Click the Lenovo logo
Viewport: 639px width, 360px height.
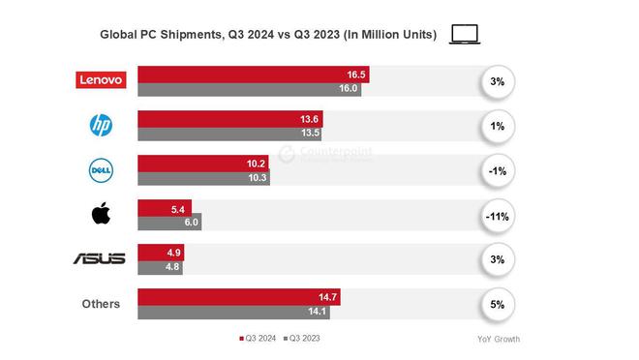coord(101,80)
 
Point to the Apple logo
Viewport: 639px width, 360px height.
coord(101,213)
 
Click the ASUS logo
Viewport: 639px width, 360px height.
coord(100,258)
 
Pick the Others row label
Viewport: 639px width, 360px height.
coord(101,304)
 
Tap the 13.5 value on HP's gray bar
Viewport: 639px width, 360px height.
coord(311,134)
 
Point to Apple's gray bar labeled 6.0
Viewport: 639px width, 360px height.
coord(169,223)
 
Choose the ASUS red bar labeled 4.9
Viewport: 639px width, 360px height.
coord(161,252)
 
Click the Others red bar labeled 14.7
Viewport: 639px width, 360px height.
coord(238,296)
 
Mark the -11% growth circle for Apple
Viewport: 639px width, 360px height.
coord(497,216)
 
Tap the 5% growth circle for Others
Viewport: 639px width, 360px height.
coord(497,305)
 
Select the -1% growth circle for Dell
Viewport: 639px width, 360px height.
coord(497,171)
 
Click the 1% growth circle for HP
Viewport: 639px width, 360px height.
coord(497,127)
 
